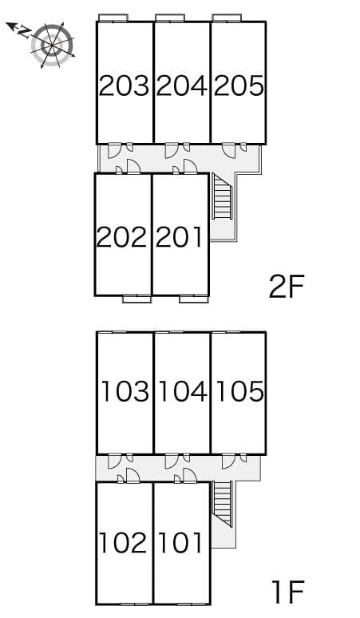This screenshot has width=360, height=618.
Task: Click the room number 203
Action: pos(125,85)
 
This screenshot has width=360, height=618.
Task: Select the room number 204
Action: pos(181,85)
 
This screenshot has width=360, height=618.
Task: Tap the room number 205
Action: pos(239,85)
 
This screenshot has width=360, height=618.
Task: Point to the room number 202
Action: pos(122,236)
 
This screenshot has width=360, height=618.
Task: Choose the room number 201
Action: pos(180,236)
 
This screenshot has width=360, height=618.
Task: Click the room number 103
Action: pos(125,391)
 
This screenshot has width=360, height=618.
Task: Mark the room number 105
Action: pos(239,391)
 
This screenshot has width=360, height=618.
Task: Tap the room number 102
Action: pos(124,543)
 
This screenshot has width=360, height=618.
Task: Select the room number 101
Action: pos(180,543)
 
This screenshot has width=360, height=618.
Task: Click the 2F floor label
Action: pos(287,286)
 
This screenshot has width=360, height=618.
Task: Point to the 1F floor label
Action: pos(287,592)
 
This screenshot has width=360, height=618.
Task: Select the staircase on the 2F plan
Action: pos(221,198)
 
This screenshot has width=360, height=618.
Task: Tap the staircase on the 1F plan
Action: pos(221,505)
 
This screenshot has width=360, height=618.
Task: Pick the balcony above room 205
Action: pos(227,17)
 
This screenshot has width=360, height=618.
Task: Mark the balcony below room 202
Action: pos(136,299)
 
